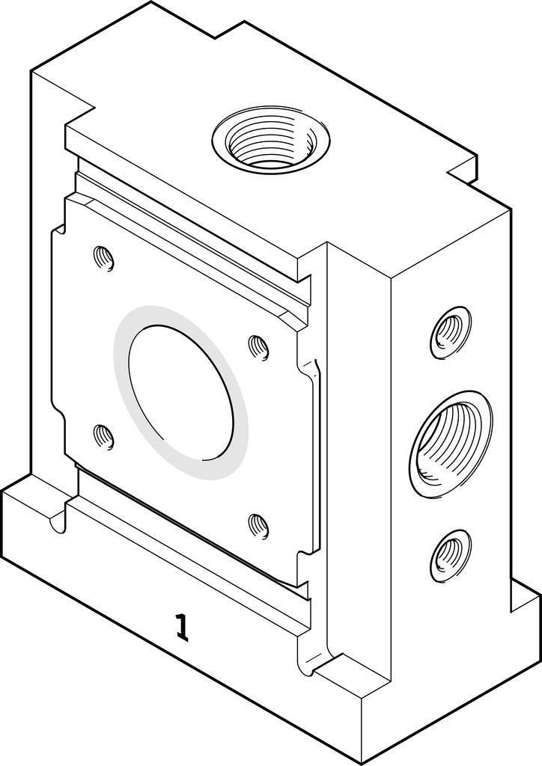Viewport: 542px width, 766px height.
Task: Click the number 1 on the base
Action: (x=180, y=627)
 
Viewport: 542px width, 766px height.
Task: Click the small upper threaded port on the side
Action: (x=450, y=331)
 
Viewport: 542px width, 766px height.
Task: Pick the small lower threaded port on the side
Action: (x=450, y=557)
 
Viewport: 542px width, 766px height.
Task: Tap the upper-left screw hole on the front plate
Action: (x=103, y=259)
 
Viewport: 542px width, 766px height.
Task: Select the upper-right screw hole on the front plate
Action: (x=258, y=347)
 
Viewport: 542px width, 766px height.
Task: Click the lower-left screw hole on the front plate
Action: (x=103, y=436)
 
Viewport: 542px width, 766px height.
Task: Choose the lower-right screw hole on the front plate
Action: (x=258, y=525)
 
